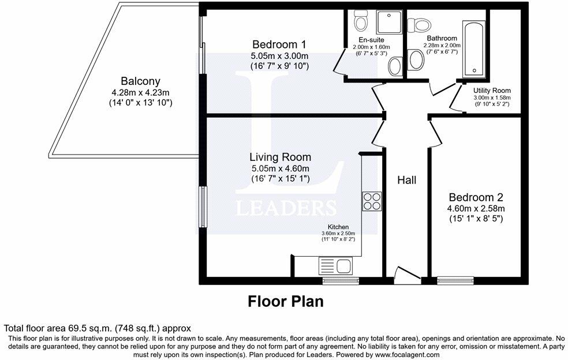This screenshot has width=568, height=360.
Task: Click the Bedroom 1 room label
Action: tap(279, 44)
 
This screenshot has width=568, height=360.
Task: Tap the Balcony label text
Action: tap(140, 81)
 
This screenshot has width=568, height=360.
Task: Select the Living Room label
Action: tap(280, 157)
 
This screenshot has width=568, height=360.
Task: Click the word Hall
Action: tap(406, 180)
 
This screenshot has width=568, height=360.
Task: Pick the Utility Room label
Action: tap(492, 91)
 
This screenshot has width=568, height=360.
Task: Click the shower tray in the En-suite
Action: tap(388, 21)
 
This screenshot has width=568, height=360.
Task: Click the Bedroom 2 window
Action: tap(455, 281)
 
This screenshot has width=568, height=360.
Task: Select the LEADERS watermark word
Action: tap(286, 208)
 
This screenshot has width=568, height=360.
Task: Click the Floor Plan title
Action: tap(285, 301)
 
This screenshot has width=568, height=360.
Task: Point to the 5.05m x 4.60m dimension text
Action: tap(280, 168)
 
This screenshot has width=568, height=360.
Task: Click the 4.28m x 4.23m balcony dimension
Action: tap(140, 92)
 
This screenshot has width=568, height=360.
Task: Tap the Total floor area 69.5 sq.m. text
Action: tap(97, 328)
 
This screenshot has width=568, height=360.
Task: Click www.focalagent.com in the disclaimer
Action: tap(402, 355)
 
